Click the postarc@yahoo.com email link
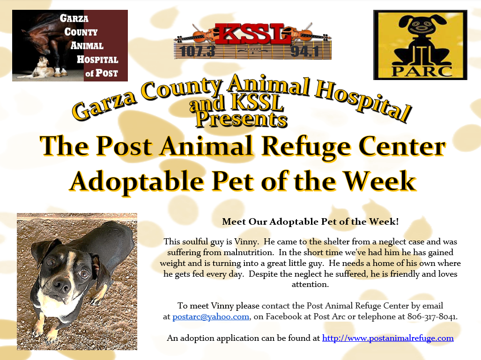211,317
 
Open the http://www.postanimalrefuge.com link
388,338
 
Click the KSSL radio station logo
252,41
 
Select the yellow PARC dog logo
420,45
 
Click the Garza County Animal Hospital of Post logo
70,45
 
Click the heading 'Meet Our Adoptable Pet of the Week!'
310,221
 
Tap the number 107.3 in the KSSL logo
195,51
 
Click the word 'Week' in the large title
381,181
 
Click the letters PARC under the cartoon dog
420,71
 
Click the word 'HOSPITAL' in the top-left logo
94,59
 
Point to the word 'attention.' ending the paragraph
310,284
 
